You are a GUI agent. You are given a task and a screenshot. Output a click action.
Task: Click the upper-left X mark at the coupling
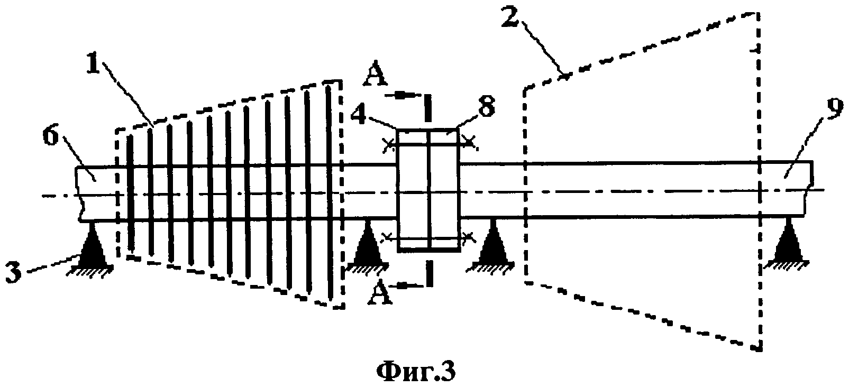389,144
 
